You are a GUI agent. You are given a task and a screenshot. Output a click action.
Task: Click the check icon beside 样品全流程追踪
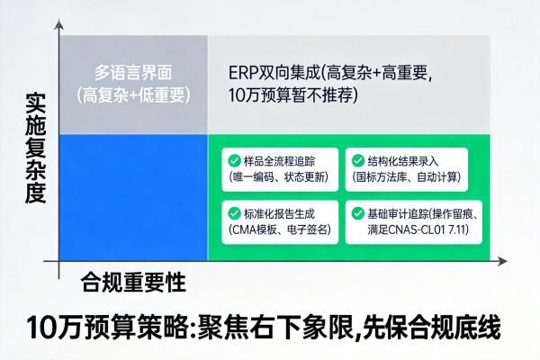click(x=234, y=161)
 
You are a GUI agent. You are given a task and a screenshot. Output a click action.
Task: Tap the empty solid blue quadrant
click(x=131, y=197)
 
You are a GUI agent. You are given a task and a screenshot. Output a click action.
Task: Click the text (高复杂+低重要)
click(x=131, y=94)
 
